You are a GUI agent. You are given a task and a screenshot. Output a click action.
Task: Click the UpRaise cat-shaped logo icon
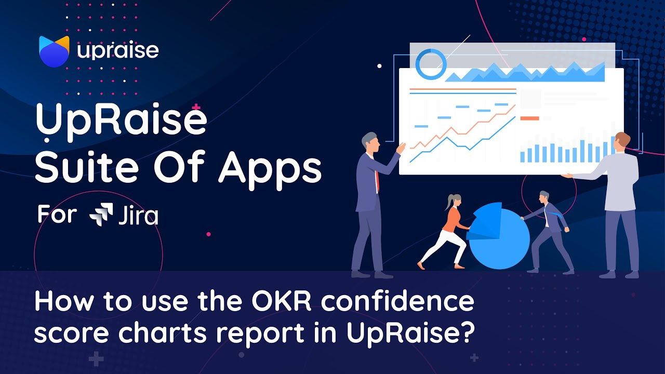click(x=54, y=51)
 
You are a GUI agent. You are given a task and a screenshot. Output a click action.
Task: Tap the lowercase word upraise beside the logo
click(x=118, y=51)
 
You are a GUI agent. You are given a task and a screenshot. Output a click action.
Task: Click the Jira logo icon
click(x=101, y=215)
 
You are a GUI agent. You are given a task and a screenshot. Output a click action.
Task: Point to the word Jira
click(x=138, y=215)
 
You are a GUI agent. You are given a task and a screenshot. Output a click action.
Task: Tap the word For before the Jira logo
click(x=57, y=214)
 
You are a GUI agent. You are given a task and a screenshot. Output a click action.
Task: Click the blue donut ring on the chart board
click(x=431, y=64)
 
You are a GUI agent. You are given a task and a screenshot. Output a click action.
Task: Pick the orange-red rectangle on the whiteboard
click(x=529, y=118)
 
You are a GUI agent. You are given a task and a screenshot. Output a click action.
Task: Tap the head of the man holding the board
click(x=621, y=141)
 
